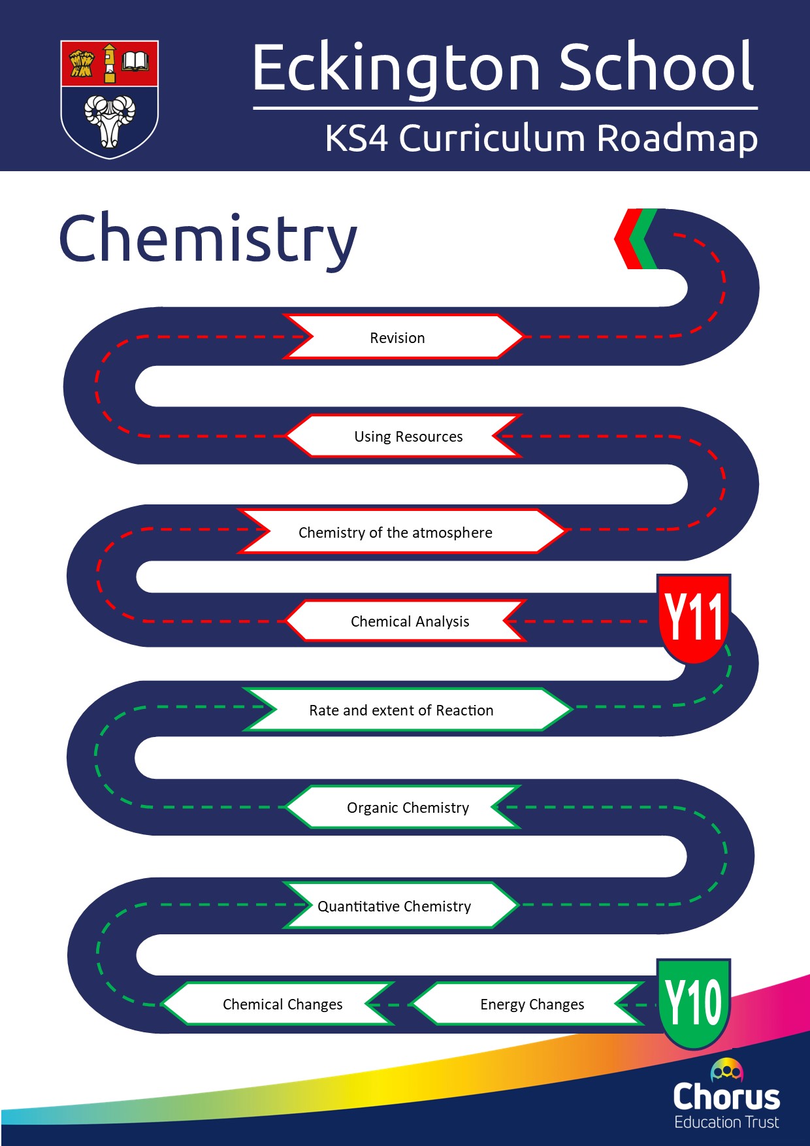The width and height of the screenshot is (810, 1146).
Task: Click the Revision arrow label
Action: click(397, 338)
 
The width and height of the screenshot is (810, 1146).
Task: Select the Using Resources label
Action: click(408, 436)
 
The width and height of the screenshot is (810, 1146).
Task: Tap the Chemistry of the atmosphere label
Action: click(395, 532)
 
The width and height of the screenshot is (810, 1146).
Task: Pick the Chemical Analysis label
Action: click(410, 621)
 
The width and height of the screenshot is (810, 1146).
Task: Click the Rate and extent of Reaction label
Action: click(401, 710)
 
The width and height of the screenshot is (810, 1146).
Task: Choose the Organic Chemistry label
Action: click(408, 808)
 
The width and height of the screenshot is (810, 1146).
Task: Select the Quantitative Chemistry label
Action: click(394, 906)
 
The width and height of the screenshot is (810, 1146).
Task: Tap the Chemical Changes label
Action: click(282, 1004)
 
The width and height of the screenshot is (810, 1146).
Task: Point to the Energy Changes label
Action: click(532, 1004)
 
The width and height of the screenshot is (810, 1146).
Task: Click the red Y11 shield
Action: click(693, 617)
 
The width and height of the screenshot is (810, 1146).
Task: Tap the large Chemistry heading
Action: click(208, 239)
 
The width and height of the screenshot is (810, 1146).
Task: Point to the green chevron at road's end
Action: click(647, 239)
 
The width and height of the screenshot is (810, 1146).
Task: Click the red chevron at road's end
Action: click(626, 239)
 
